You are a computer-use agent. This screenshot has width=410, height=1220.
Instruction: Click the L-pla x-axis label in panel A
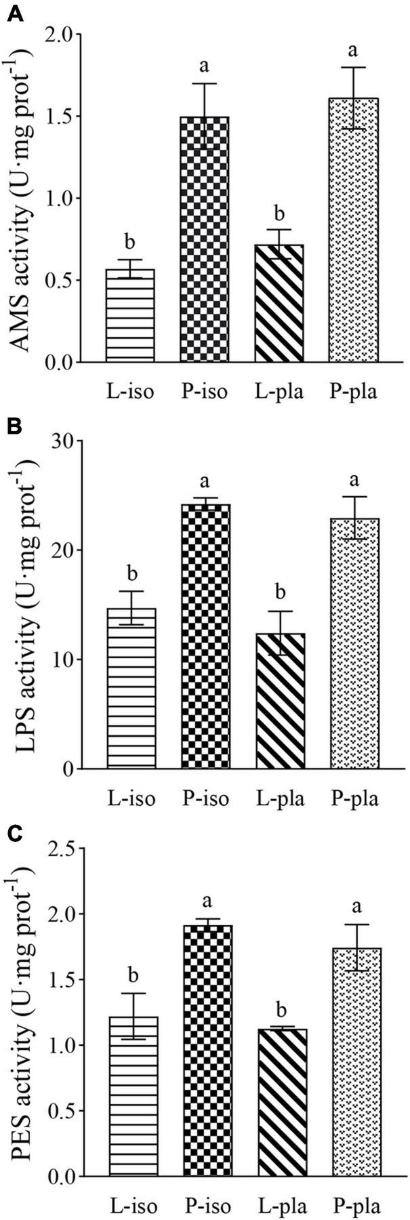coord(280,391)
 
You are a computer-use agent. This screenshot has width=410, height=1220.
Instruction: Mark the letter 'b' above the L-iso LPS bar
coord(131,575)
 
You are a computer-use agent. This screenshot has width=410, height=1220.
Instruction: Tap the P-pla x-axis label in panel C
coord(354,1204)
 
